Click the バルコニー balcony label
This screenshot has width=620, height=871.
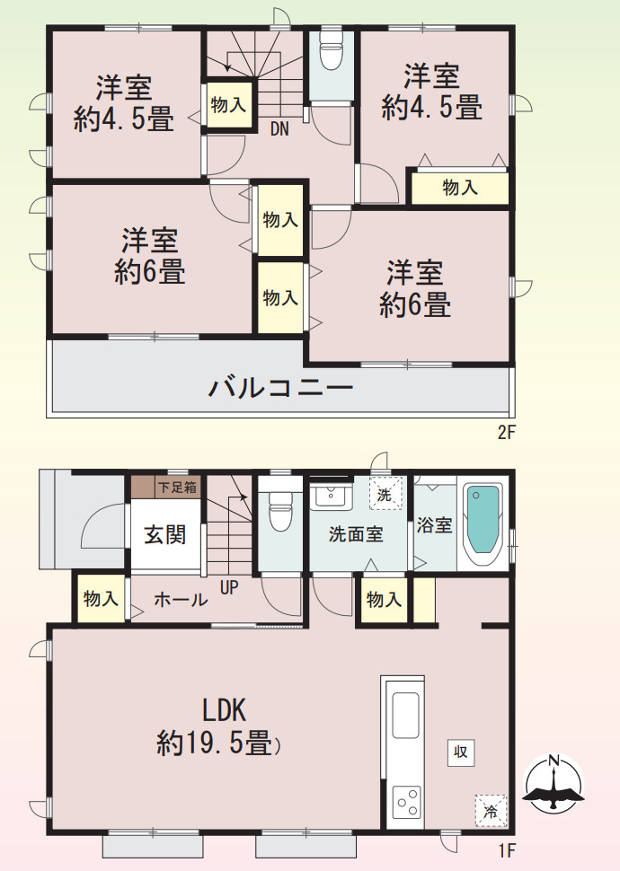click(x=281, y=389)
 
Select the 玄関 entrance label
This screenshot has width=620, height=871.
click(x=165, y=534)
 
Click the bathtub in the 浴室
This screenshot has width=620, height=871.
click(x=483, y=521)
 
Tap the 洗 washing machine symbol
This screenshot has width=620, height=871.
click(x=385, y=493)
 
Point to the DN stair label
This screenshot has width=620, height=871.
click(x=279, y=128)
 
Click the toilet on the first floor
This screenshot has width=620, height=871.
click(x=279, y=514)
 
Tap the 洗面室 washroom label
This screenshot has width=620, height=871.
click(x=356, y=534)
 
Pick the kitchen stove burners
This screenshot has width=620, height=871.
click(x=407, y=798)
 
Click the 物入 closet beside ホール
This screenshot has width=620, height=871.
click(x=101, y=599)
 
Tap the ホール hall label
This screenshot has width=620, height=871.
click(x=181, y=601)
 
